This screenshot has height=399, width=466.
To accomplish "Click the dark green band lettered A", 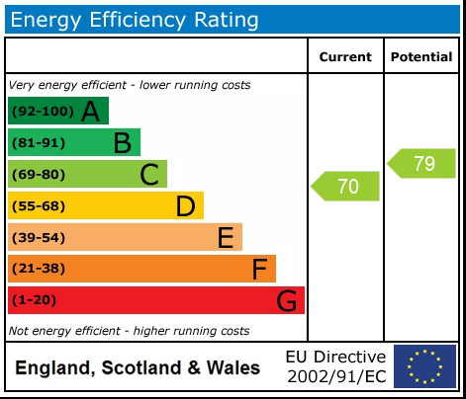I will [57, 111].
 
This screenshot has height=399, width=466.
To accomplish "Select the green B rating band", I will [73, 142].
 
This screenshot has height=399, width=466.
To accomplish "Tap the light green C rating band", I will [87, 174].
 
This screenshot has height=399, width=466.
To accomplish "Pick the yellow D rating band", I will [105, 205].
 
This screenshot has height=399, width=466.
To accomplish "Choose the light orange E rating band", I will [125, 237].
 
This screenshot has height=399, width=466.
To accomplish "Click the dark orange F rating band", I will [141, 269].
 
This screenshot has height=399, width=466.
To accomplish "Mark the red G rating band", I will [155, 300].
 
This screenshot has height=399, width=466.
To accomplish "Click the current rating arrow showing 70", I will [346, 186].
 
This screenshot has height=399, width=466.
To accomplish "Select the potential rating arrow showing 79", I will [421, 163].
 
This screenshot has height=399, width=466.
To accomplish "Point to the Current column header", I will [345, 57].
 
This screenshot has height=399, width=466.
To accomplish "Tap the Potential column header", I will [421, 57].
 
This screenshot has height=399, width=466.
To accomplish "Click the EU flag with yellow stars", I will [424, 366].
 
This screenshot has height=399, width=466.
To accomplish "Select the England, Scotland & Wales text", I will [138, 368].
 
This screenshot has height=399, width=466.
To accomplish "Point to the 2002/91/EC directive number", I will [335, 376].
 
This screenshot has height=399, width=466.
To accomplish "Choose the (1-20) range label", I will [35, 300].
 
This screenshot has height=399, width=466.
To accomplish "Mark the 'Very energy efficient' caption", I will [130, 85].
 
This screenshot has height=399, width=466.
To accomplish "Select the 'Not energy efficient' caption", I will [129, 331].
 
